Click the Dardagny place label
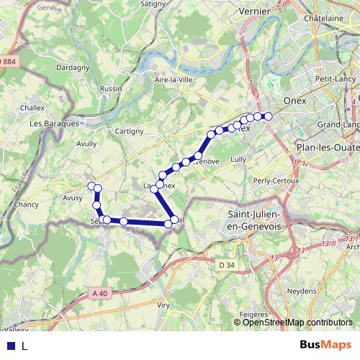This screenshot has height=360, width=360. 73,68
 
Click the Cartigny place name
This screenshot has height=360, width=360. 129,131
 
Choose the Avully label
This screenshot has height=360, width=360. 86,143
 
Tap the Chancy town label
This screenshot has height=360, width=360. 26,204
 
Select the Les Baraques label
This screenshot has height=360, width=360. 54,123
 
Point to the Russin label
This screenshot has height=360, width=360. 112,89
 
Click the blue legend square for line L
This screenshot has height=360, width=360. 10,346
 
